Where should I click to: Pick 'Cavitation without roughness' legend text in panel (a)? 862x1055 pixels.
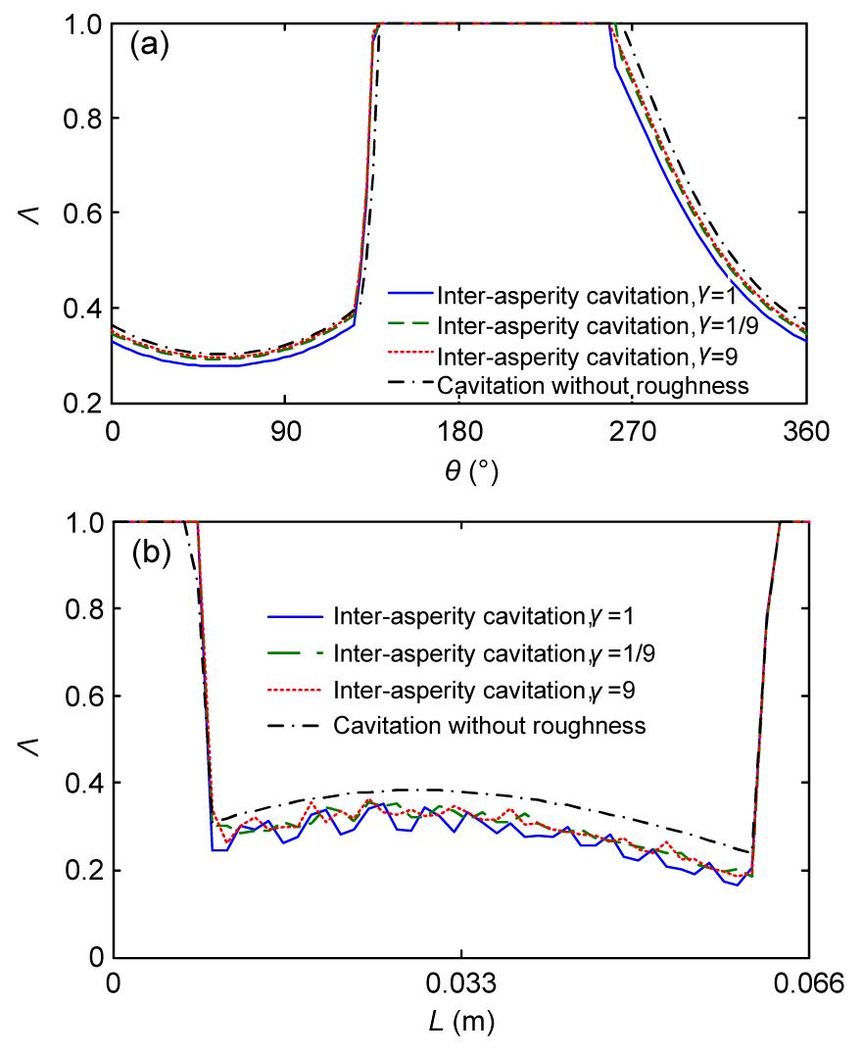594,385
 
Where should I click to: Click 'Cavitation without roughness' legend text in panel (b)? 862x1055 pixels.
490,726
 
